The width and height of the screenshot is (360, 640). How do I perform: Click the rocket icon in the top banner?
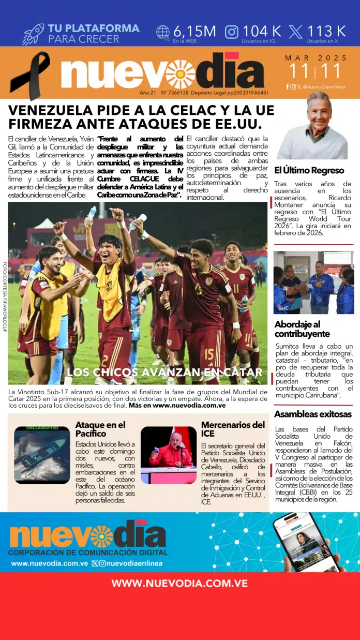point(34,34)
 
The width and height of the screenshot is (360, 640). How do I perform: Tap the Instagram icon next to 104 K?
point(232,32)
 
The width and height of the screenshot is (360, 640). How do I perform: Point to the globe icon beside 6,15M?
point(163,32)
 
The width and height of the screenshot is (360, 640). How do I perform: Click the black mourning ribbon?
point(30,75)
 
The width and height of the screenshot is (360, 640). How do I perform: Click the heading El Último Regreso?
point(309,170)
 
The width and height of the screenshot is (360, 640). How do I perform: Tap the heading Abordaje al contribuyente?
point(303,329)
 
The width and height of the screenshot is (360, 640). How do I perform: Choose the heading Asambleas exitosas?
point(312,414)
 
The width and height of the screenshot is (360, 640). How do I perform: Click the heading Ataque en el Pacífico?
point(100,429)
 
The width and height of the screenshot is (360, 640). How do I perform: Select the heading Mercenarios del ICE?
point(233,429)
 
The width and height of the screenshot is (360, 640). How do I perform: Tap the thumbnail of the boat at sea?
point(42,455)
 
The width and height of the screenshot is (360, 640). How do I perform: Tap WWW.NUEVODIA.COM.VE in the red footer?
point(179,584)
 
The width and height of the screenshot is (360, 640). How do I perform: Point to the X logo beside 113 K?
point(296,32)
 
